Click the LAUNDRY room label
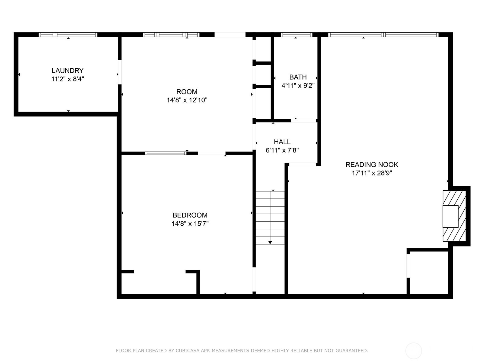click(67, 70)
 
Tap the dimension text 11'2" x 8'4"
click(68, 79)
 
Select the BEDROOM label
click(190, 215)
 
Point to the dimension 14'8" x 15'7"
click(190, 224)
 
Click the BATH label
click(298, 77)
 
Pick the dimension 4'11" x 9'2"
click(298, 86)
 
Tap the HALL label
click(282, 142)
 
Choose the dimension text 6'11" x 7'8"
click(282, 150)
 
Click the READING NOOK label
click(372, 165)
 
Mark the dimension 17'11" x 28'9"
click(372, 173)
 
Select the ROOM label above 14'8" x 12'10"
click(187, 92)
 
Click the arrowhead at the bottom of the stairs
click(270, 242)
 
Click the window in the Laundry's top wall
click(68, 34)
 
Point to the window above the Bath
click(296, 34)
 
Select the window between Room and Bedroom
click(166, 153)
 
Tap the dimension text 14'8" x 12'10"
click(187, 100)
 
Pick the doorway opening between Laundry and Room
click(120, 72)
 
